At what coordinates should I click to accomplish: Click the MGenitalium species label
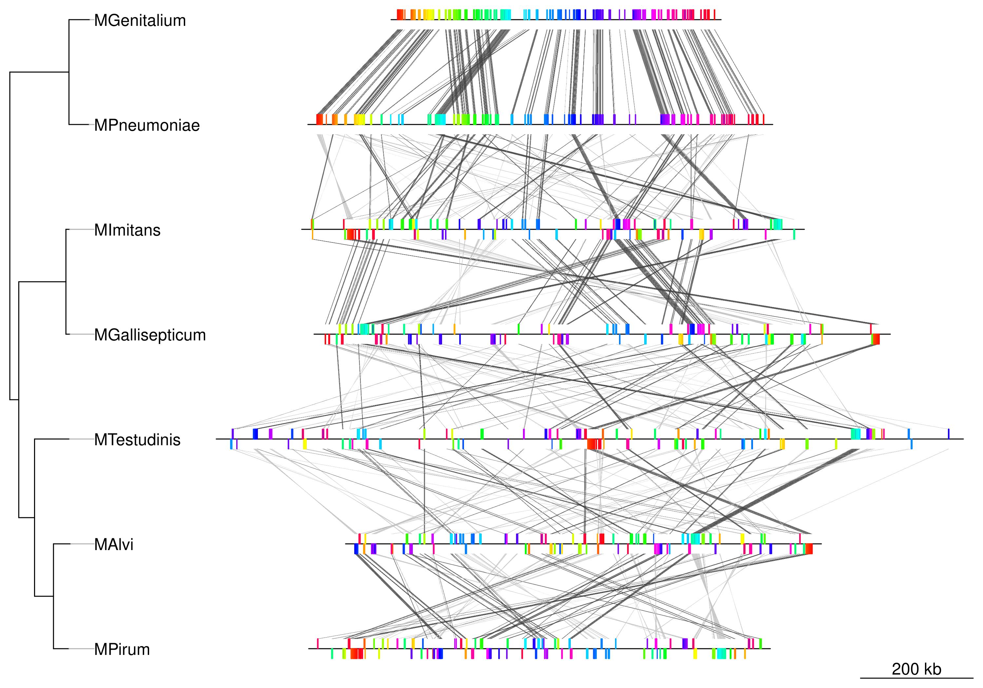pos(140,21)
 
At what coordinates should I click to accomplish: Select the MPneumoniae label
pos(147,125)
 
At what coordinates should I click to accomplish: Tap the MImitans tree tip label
pos(127,230)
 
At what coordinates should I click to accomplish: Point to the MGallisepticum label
pos(150,335)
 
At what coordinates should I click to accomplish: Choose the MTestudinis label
pos(137,440)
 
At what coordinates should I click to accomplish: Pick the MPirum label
pos(122,649)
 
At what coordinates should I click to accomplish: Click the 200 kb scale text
pos(916,669)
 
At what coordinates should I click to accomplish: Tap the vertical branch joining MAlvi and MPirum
pos(53,596)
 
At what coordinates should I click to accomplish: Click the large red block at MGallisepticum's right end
pos(876,339)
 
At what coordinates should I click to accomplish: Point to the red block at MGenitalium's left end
pos(400,14)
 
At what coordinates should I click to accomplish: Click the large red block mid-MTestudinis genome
pos(593,444)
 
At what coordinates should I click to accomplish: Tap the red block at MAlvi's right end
pos(808,549)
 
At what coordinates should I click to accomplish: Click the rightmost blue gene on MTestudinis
pos(949,434)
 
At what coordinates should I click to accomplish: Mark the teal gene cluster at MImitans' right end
pos(776,224)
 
